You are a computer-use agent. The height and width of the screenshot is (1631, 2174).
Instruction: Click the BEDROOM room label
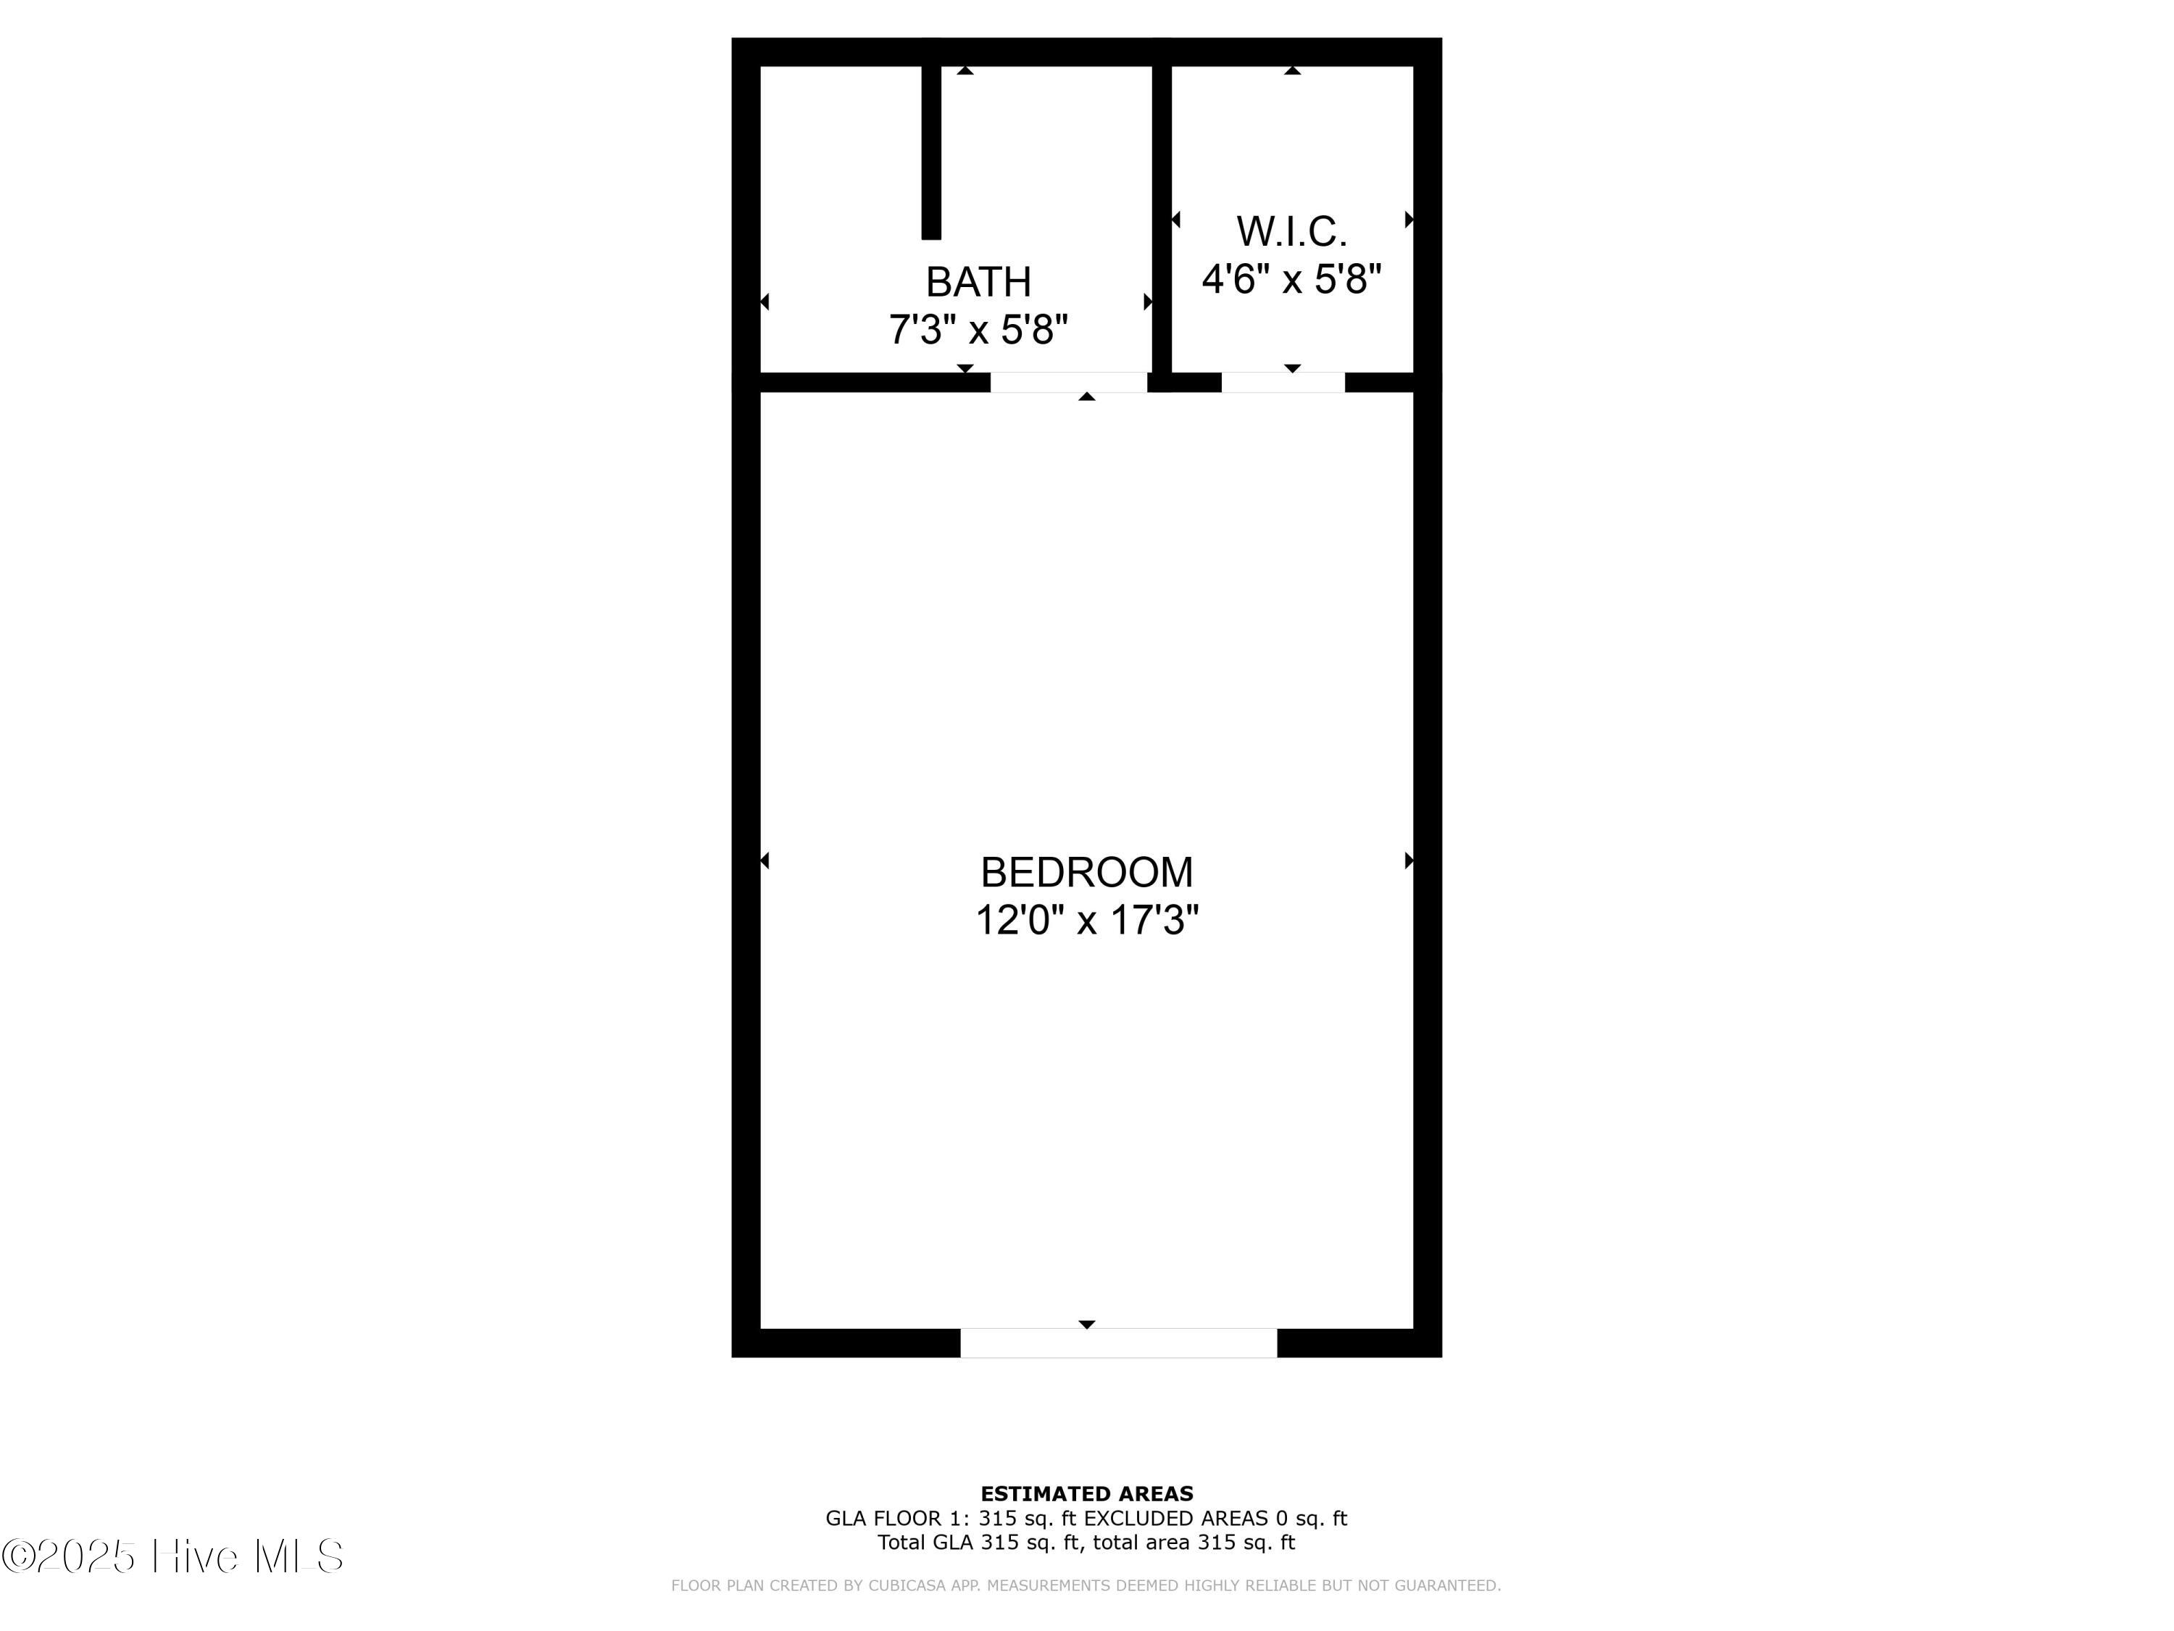1086,872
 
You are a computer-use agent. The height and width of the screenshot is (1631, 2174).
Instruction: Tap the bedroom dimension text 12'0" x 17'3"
1086,920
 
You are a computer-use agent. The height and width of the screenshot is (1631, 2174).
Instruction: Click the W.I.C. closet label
1291,232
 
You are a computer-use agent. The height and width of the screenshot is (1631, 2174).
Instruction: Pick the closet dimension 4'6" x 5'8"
1291,279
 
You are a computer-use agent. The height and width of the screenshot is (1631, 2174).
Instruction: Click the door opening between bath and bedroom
1068,383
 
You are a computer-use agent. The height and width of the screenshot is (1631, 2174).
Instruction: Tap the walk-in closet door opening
1283,383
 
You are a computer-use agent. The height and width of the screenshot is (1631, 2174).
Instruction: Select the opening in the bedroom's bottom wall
1118,1343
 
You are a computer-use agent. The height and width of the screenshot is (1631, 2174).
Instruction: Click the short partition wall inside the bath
930,152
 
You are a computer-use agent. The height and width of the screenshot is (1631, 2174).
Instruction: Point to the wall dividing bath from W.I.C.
1162,219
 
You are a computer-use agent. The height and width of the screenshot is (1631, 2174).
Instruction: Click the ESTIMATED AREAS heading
1086,1494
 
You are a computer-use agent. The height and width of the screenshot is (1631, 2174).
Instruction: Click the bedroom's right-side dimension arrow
1409,860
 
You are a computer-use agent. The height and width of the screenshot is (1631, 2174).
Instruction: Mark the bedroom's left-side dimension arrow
765,860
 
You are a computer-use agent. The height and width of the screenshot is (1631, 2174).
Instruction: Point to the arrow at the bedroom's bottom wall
1086,1324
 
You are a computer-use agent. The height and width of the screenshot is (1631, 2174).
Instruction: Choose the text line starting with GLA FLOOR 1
1086,1519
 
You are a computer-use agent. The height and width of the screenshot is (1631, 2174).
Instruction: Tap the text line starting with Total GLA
1086,1543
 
